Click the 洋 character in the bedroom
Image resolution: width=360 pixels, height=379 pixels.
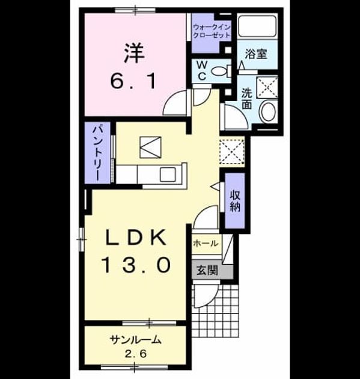135,53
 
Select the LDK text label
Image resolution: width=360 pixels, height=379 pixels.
135,238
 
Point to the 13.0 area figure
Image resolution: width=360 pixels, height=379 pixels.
137,265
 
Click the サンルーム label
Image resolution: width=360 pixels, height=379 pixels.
135,340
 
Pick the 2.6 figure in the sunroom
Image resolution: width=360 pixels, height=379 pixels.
136,354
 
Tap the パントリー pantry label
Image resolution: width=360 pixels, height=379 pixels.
99,153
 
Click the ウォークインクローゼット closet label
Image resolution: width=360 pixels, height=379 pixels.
212,31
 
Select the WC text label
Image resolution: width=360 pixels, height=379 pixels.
202,70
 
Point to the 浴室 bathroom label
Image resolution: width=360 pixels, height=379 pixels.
256,54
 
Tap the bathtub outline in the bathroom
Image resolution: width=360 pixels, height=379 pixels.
257,26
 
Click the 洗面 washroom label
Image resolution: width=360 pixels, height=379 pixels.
247,99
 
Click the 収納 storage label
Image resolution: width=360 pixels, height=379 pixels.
234,201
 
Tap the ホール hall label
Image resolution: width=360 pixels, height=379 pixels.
206,244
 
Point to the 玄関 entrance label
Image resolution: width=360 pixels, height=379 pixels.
207,270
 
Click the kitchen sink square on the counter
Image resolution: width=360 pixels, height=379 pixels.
168,174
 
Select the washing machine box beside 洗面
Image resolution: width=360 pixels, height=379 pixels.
267,87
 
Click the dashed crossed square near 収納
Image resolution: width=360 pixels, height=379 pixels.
231,152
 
